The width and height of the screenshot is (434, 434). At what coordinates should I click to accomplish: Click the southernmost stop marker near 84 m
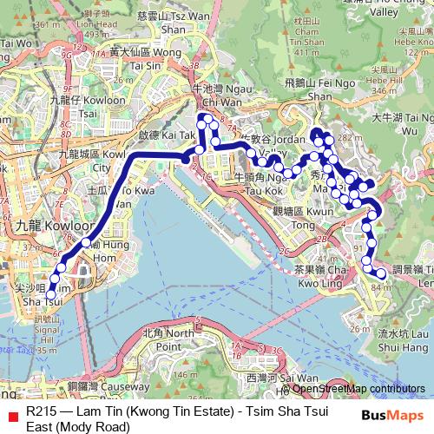(382, 274)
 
